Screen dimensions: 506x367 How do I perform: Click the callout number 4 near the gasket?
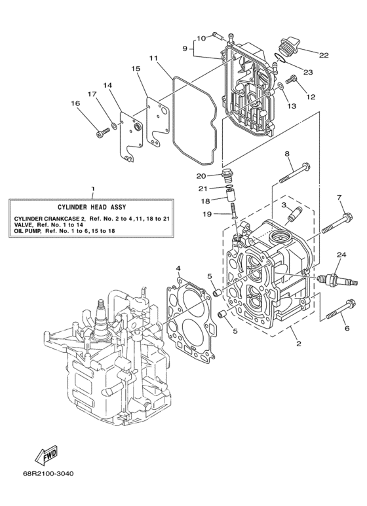click(178, 268)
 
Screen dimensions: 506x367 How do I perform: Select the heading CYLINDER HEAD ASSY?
click(92, 205)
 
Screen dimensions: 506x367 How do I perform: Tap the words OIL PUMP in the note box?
click(28, 230)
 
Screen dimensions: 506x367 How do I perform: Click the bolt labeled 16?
click(102, 134)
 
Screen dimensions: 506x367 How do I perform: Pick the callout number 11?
click(153, 58)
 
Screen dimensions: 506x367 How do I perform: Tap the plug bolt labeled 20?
click(227, 175)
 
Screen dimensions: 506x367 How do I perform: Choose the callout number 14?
click(107, 84)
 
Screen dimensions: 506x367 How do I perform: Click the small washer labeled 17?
click(115, 124)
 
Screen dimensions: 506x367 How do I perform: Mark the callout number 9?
click(185, 48)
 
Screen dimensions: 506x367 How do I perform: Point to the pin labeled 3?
click(293, 213)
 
